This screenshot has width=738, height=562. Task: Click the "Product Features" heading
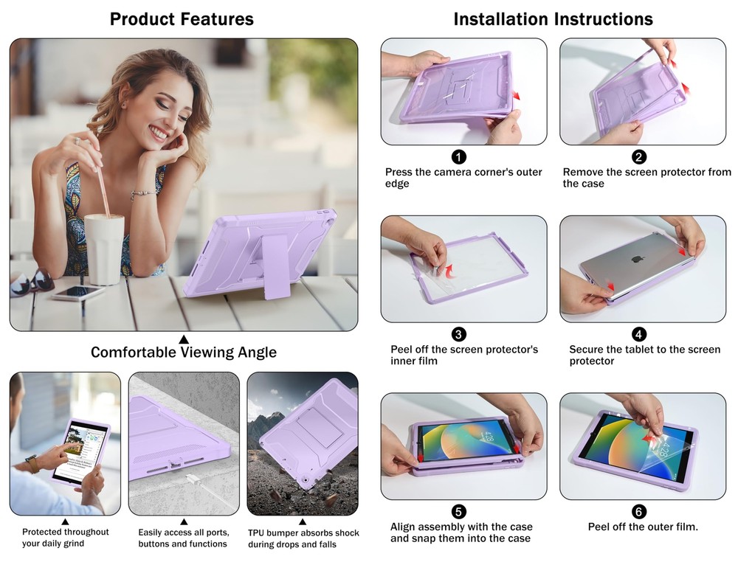pos(182,19)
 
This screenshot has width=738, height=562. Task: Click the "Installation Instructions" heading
pos(553,19)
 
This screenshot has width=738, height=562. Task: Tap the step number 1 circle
pos(458,156)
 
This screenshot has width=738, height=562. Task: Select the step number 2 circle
pos(638,156)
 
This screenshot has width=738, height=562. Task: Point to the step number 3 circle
pos(458,334)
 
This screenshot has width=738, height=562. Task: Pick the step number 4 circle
pos(638,334)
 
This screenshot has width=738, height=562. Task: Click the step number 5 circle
pos(458,512)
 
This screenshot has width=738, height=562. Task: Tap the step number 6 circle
pos(638,512)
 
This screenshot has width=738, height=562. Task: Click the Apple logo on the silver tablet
pos(637,259)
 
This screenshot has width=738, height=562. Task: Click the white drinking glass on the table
pos(105,250)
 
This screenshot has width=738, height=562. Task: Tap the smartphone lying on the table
pos(78,293)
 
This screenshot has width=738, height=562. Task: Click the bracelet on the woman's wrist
pos(144,193)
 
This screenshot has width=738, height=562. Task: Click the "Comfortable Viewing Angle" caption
pos(184,353)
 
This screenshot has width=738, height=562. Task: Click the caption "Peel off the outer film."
pos(643,527)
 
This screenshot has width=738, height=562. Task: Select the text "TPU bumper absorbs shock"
pos(303,532)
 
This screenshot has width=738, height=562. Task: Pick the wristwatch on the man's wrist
pos(32,463)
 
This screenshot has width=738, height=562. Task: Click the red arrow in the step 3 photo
pos(450,271)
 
